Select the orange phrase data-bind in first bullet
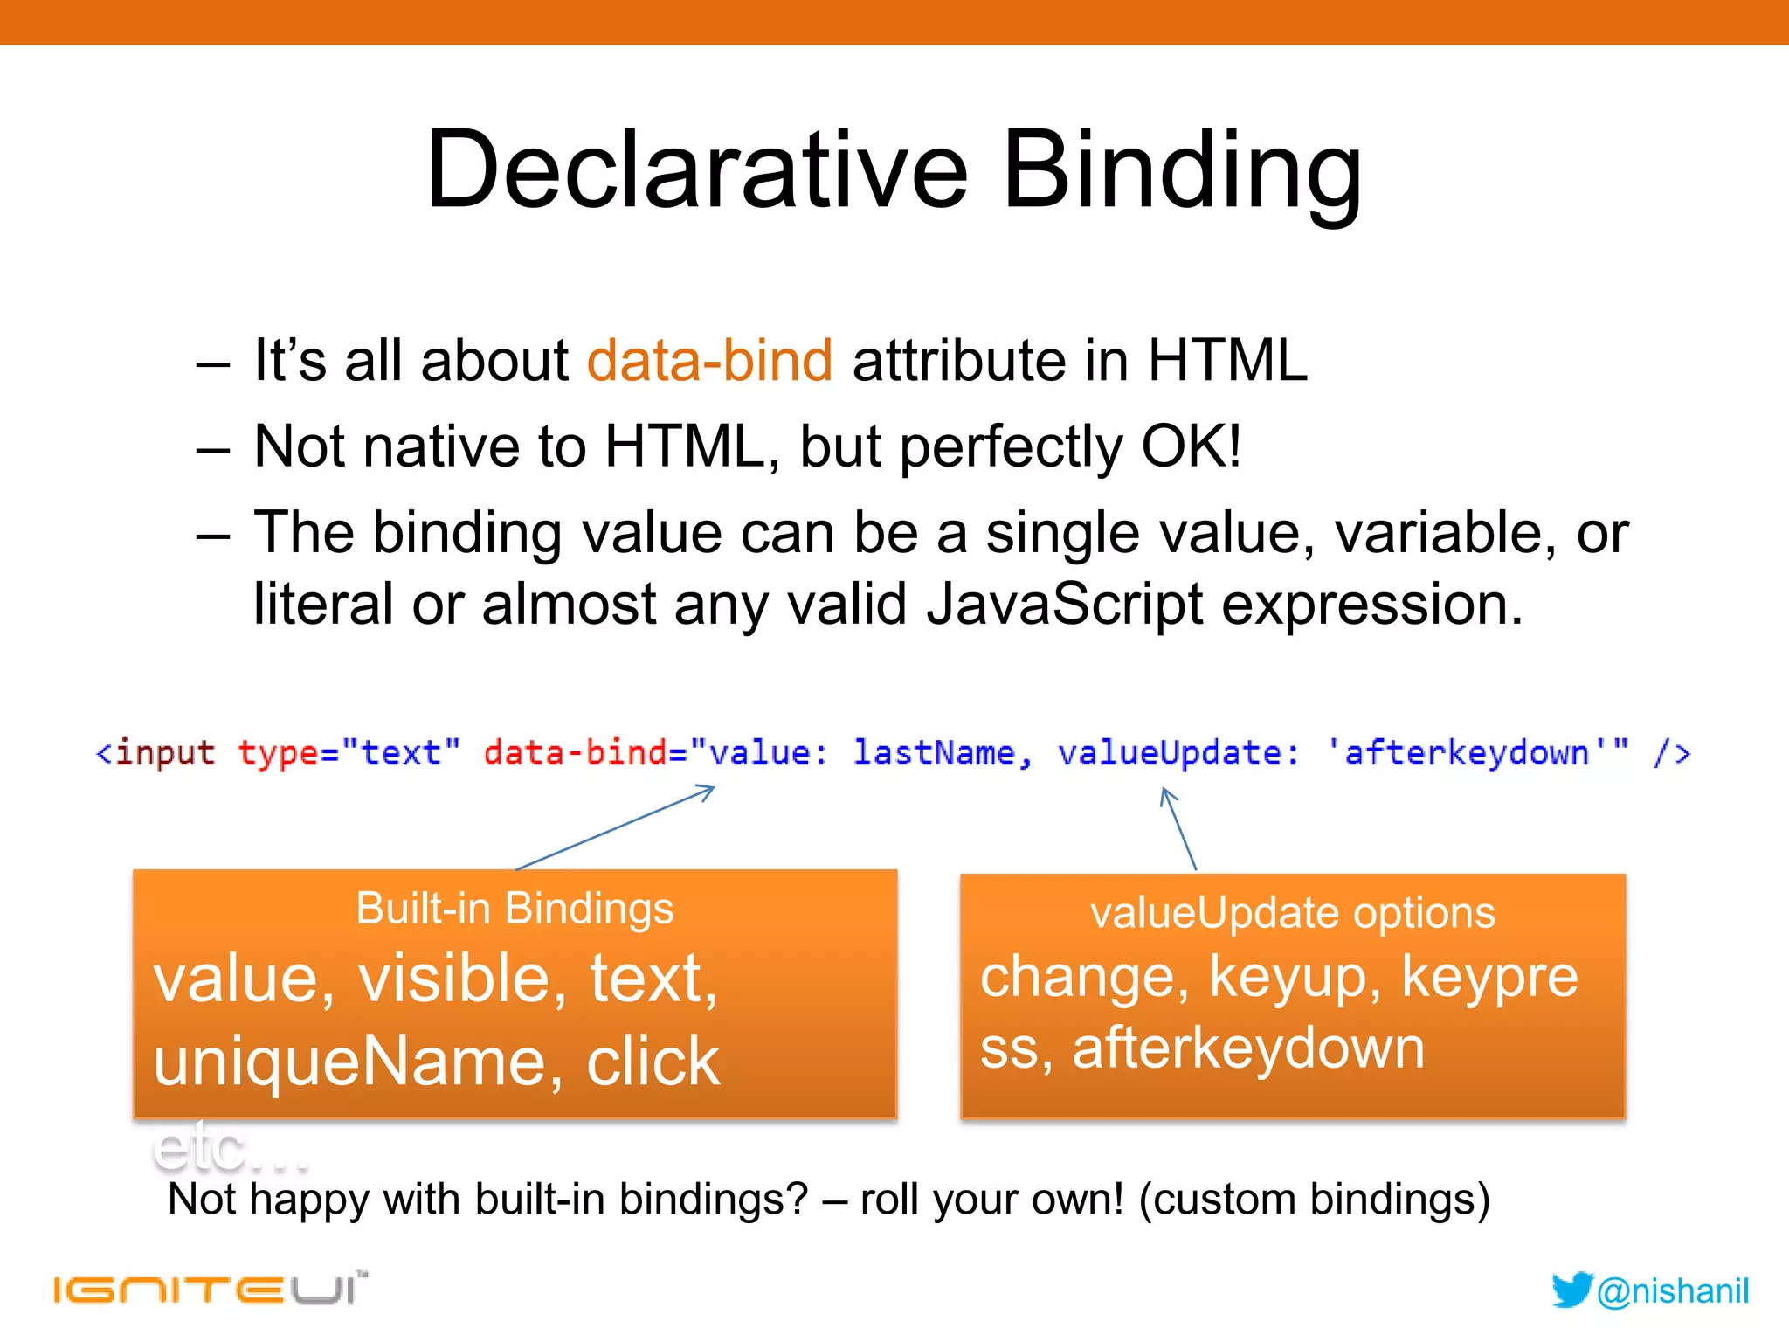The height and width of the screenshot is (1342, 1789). coord(709,361)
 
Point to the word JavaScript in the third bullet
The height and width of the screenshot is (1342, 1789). coord(1064,604)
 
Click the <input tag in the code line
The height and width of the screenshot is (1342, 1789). coord(155,752)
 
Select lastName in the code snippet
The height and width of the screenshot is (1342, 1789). coord(934,752)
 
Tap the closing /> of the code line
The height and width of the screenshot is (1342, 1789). coord(1671,752)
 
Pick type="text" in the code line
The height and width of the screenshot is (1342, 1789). coord(349,752)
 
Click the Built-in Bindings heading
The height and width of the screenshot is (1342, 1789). coord(515,909)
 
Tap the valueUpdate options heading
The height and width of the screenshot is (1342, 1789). coord(1292,913)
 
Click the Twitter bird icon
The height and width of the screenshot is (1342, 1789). coord(1571,1290)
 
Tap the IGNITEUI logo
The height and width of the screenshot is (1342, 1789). coord(210,1290)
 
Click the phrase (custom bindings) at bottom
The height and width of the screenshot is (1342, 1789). coord(1314,1199)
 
